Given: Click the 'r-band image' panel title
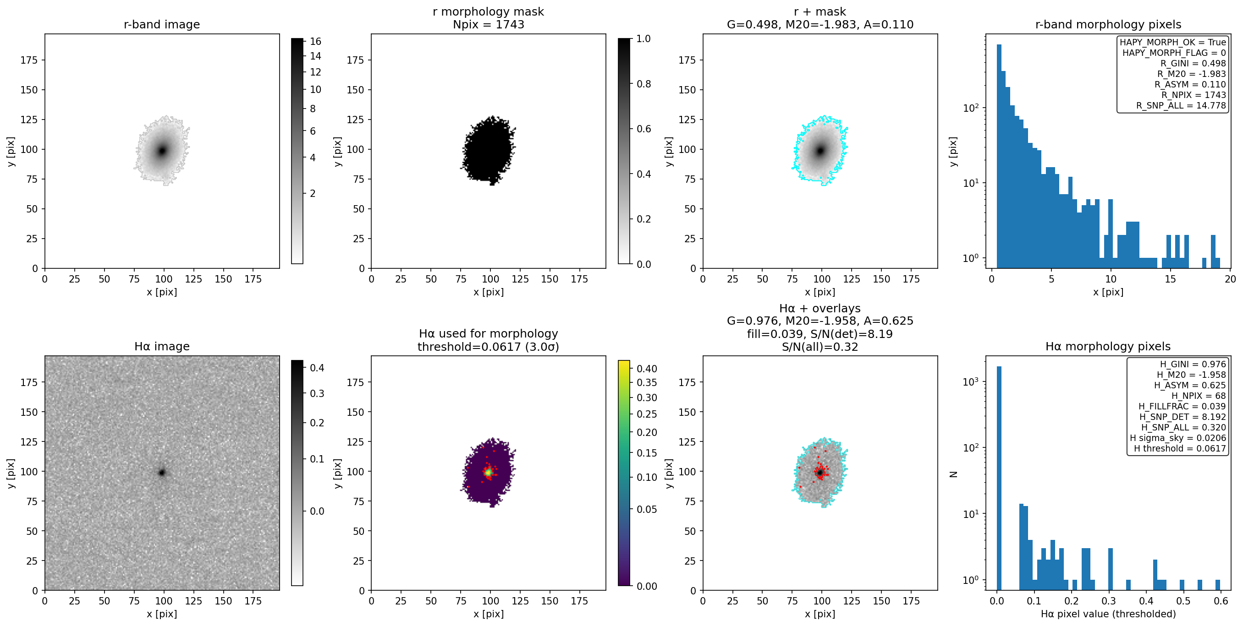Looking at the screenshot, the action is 162,25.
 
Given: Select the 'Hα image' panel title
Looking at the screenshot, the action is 162,346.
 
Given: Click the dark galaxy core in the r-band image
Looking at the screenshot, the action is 162,151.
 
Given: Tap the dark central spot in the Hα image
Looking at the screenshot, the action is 162,472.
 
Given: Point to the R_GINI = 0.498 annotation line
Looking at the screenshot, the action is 1193,63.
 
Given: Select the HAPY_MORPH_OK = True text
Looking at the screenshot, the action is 1172,43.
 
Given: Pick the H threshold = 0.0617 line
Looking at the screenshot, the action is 1180,448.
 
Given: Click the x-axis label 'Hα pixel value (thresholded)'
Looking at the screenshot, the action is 1108,614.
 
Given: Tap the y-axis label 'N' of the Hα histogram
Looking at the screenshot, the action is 953,474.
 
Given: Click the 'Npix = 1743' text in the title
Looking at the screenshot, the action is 488,25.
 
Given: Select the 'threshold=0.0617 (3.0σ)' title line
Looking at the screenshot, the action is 488,347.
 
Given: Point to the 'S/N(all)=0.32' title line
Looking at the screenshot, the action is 820,347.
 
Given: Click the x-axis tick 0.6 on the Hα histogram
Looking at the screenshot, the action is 1221,601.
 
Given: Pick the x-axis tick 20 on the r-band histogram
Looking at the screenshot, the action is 1230,279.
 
